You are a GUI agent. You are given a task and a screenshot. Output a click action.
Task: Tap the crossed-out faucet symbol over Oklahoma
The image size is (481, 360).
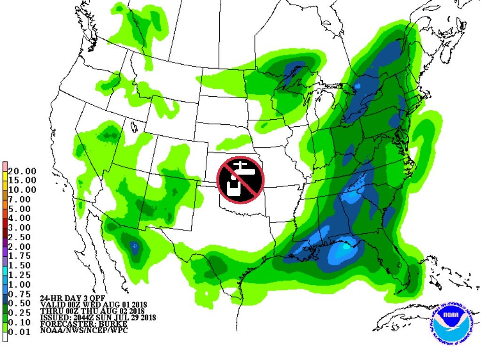click(240, 180)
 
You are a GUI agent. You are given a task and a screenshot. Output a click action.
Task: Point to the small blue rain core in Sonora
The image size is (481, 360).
click(134, 245)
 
